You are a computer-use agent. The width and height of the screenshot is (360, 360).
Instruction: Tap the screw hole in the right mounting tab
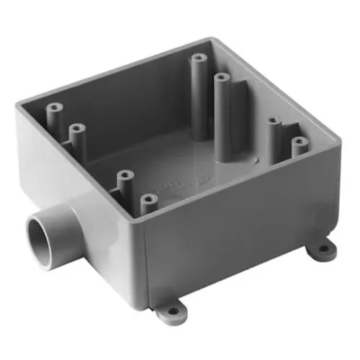pos(323,250)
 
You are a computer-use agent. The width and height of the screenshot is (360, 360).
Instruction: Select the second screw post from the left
pos(74,127)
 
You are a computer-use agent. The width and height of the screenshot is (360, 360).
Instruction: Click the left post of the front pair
pos(125,174)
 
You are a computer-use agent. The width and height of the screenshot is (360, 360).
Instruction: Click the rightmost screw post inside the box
pos(297,142)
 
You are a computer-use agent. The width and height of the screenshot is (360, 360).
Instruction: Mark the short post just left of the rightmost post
pos(274,122)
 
